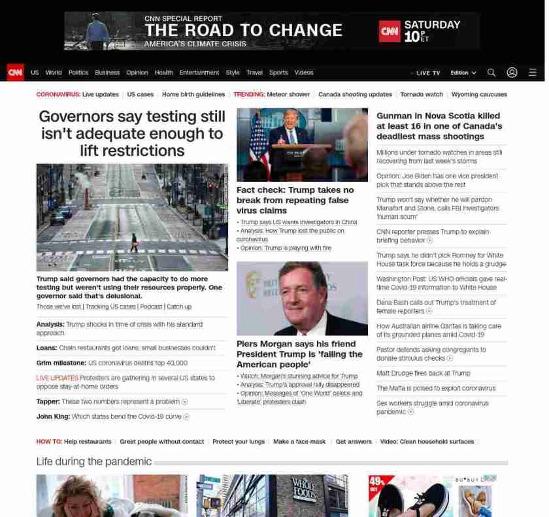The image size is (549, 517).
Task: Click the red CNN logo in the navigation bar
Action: tap(15, 73)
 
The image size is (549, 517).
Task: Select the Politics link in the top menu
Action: tap(78, 73)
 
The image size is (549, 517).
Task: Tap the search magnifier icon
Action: tap(491, 73)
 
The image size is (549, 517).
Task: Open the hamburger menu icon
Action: tap(533, 73)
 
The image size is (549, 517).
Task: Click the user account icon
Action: tap(512, 73)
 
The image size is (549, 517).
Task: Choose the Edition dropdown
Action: tap(463, 73)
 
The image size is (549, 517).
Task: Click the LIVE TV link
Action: tap(427, 73)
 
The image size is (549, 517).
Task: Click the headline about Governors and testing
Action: tap(132, 133)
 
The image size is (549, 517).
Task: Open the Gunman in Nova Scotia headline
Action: tap(439, 126)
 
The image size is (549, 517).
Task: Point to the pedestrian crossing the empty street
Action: tap(135, 242)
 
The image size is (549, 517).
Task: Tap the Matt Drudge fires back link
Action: tap(423, 373)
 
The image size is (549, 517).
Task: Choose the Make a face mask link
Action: tap(299, 442)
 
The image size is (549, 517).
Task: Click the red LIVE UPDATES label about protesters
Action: tap(57, 378)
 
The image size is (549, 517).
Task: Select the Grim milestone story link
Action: tap(112, 363)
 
